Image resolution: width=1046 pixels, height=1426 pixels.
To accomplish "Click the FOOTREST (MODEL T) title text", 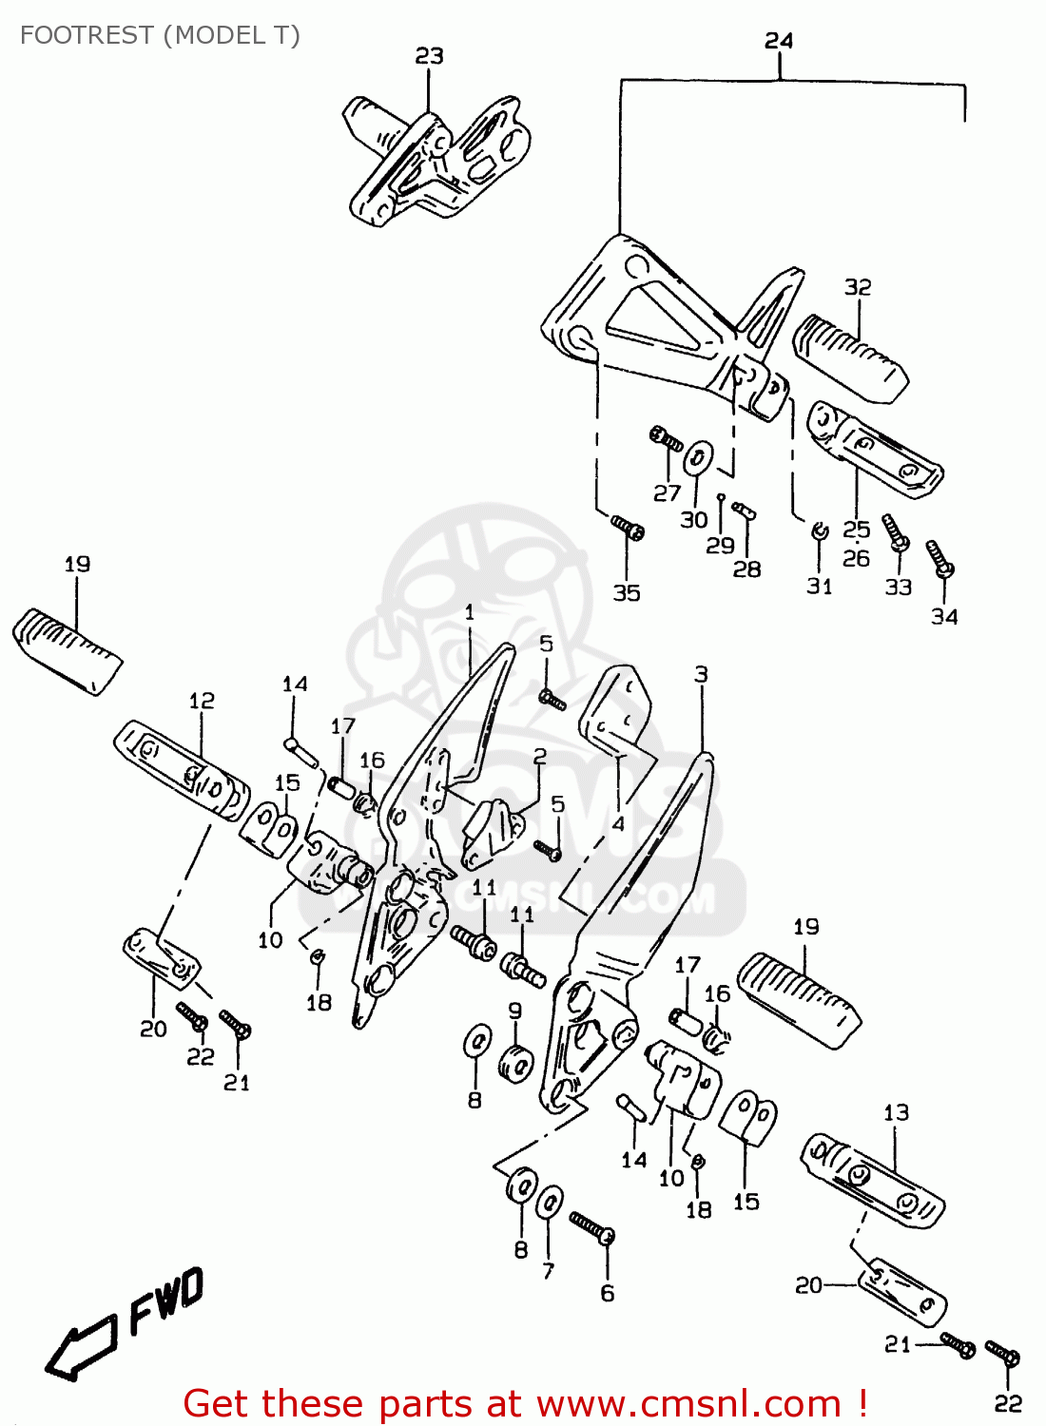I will click(160, 35).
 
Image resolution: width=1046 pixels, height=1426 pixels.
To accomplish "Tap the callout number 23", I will click(429, 56).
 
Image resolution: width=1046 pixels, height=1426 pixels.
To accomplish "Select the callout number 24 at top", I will click(779, 41).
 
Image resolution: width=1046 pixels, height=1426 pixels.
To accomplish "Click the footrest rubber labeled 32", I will click(850, 356).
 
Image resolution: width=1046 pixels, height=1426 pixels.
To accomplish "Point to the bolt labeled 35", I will click(628, 528).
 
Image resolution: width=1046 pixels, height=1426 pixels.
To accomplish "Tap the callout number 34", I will click(944, 617).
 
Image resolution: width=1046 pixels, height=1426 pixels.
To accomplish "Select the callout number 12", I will click(202, 701).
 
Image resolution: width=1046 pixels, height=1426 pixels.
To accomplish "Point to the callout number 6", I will click(608, 1293).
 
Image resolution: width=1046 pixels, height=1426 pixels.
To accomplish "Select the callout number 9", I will click(514, 1011).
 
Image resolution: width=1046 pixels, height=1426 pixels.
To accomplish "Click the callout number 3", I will click(701, 674).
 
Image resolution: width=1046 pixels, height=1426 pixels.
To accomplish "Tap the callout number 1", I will click(470, 612).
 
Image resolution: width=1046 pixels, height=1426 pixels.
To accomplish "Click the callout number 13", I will click(896, 1112).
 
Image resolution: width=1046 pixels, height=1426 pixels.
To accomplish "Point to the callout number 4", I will click(618, 823).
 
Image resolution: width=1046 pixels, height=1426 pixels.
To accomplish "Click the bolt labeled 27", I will click(666, 439).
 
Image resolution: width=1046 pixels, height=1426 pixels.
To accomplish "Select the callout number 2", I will click(540, 757).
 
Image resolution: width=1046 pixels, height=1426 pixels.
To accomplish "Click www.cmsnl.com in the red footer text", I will click(688, 1403).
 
